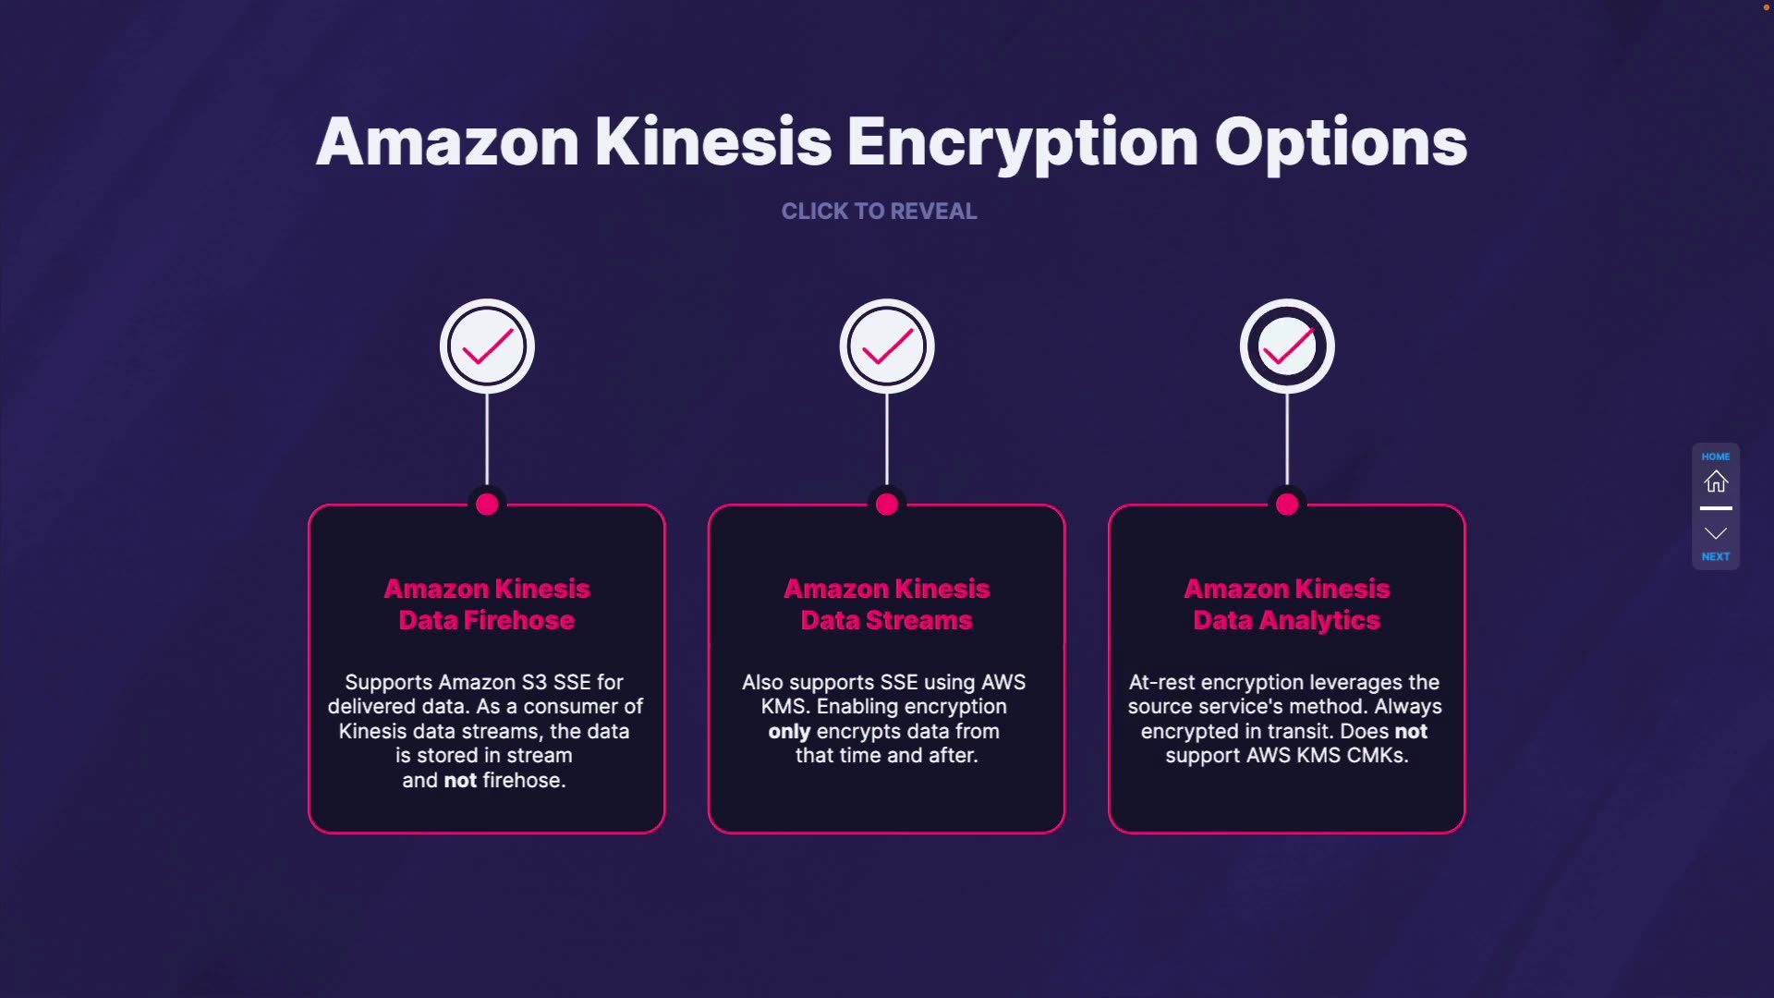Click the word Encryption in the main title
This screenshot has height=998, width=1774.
point(1022,142)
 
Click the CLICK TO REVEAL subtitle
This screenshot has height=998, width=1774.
point(879,212)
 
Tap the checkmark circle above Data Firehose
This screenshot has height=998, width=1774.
point(487,347)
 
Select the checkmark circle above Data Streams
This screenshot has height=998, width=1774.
point(887,347)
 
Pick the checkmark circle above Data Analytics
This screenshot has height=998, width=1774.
point(1287,347)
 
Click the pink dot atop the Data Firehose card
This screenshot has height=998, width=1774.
point(487,505)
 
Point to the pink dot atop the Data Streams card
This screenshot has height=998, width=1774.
point(887,505)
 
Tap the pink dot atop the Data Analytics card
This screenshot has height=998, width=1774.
point(1287,505)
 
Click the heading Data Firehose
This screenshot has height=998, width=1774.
point(487,620)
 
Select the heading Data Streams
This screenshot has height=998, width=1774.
point(887,620)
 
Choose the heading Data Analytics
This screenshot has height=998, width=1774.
point(1287,620)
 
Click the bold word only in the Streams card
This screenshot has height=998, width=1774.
point(789,732)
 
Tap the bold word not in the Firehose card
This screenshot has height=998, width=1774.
point(460,781)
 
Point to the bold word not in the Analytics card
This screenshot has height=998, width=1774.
point(1411,732)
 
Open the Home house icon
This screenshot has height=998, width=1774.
point(1716,481)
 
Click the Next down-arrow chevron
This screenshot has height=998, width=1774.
point(1716,534)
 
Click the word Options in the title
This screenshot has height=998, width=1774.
point(1341,142)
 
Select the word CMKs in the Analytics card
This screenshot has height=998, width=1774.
point(1377,756)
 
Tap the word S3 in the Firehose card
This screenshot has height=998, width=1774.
point(534,683)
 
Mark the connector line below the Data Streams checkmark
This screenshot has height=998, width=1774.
point(887,439)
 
